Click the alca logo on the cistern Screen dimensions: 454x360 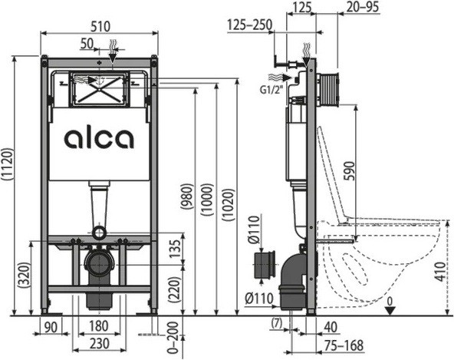pos(99,139)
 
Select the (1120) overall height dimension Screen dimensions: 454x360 pos(7,166)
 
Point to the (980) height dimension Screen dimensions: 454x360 pos(188,197)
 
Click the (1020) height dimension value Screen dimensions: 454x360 pos(229,205)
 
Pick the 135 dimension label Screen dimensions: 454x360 pos(175,249)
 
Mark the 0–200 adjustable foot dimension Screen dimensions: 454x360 pos(173,337)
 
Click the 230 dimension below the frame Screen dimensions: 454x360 pos(100,343)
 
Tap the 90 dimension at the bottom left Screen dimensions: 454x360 pos(51,328)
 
